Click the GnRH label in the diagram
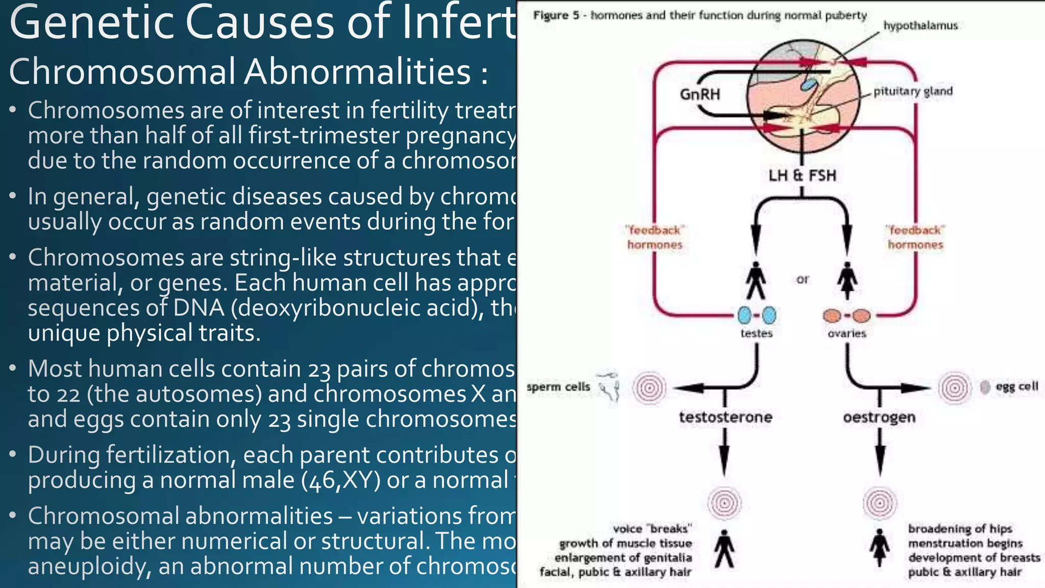[x=700, y=94]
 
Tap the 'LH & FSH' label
[x=802, y=176]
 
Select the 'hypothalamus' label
[x=920, y=26]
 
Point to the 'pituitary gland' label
[x=913, y=91]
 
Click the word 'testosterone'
[x=726, y=418]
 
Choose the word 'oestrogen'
[x=879, y=418]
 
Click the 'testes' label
[x=756, y=333]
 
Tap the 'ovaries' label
[x=847, y=333]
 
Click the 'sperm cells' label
[x=558, y=387]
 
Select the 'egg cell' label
[x=1016, y=386]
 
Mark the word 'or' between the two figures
[x=802, y=279]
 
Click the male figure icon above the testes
[x=756, y=280]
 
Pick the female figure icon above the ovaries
[x=848, y=280]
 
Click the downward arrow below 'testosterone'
[x=724, y=452]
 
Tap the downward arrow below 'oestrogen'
[x=880, y=452]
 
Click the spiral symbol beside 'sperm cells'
[x=650, y=388]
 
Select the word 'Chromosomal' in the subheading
[x=122, y=71]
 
